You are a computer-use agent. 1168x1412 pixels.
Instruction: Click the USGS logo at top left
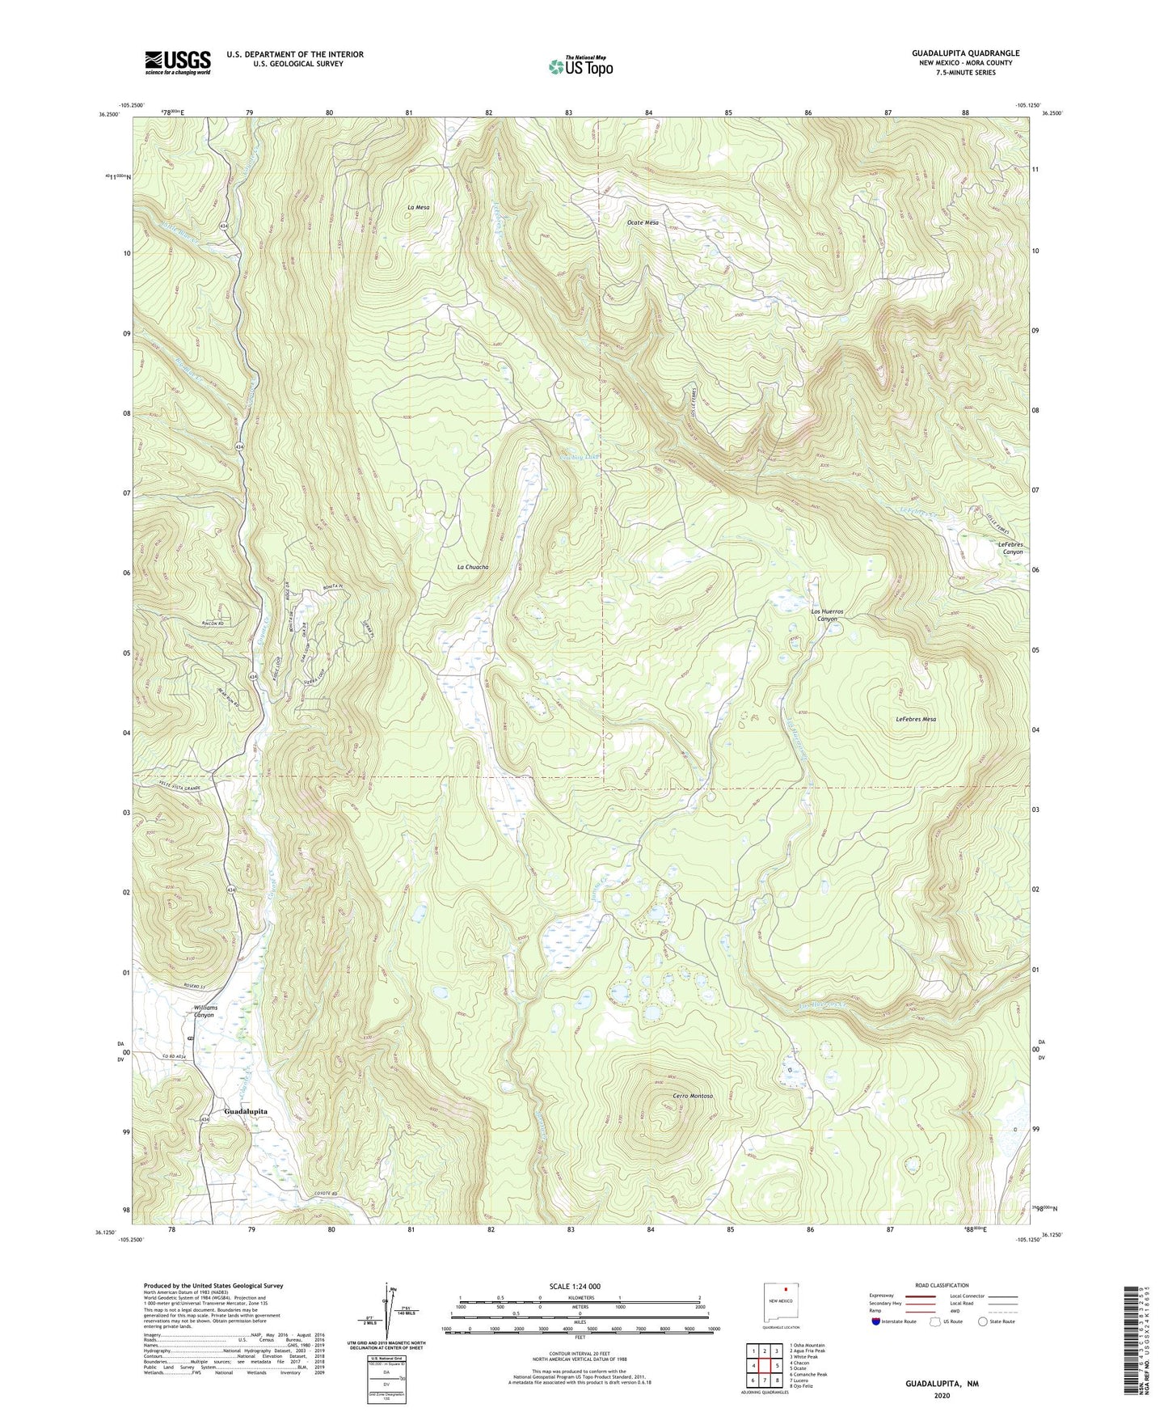point(178,62)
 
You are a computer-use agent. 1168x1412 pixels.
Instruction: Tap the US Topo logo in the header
point(580,66)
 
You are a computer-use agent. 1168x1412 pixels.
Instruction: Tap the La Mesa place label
point(418,208)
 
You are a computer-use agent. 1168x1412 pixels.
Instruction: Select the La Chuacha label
point(473,568)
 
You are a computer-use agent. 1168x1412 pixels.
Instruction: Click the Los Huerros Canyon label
point(828,615)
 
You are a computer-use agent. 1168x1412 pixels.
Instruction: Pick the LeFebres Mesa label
point(916,719)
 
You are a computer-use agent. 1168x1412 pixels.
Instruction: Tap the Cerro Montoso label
point(693,1096)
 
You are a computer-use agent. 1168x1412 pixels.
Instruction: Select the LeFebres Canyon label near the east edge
point(1010,548)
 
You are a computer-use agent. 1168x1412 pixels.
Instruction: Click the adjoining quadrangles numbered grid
point(764,1365)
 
